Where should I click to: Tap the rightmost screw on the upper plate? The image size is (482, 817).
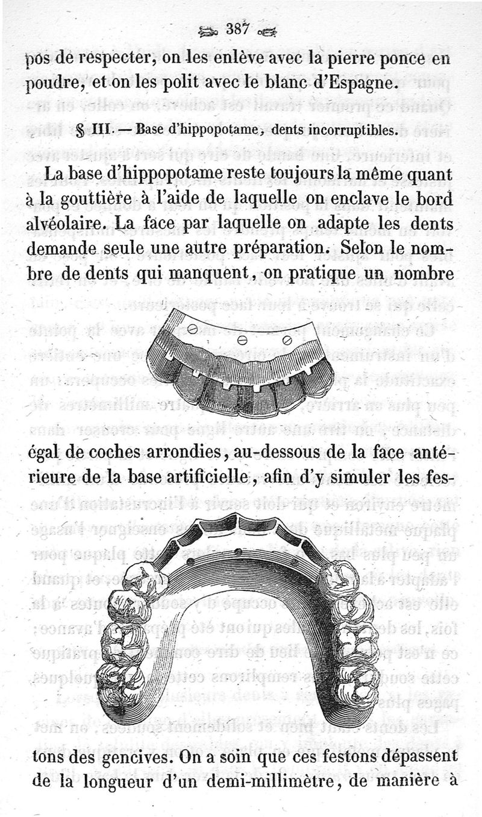click(287, 341)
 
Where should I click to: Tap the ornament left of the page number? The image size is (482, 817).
click(209, 30)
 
